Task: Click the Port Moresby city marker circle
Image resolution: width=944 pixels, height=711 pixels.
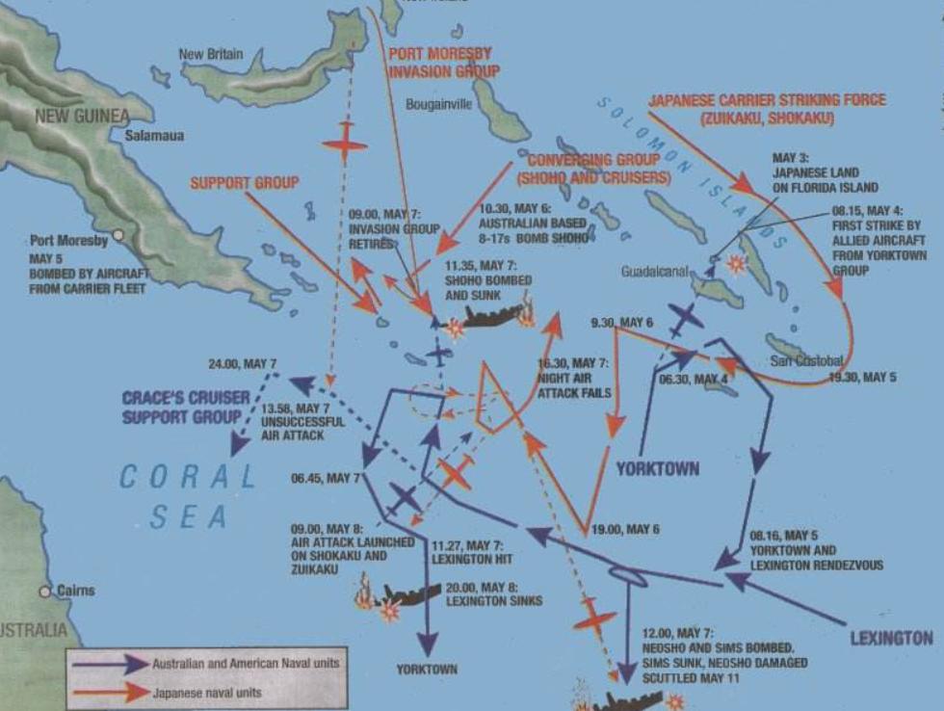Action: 118,234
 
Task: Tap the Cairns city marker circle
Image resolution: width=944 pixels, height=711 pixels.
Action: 44,591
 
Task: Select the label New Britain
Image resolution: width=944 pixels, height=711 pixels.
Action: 211,54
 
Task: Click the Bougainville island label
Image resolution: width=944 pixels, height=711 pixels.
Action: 439,104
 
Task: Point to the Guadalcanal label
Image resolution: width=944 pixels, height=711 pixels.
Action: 654,272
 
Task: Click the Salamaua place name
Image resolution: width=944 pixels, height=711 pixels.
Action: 154,137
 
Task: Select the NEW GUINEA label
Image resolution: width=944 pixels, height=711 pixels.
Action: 81,117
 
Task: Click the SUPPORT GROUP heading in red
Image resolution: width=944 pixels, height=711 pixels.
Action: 244,182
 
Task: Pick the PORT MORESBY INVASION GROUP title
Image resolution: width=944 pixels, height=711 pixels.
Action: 444,62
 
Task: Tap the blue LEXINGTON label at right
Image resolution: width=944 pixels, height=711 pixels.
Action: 891,638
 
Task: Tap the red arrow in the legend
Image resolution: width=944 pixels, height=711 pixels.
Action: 109,692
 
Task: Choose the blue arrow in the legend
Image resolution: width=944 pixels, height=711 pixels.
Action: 109,664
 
